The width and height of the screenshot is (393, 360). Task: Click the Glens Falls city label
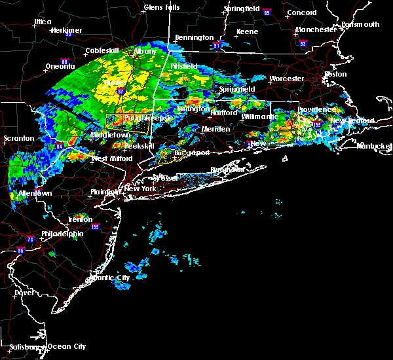pos(162,8)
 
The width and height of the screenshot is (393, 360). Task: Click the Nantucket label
pos(374,145)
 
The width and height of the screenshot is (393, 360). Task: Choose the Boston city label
pos(335,74)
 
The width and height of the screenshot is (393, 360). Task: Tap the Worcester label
pos(286,79)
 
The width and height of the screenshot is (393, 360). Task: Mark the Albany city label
pos(145,51)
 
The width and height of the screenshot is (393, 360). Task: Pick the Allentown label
pos(35,194)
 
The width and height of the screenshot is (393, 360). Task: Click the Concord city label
pos(302,12)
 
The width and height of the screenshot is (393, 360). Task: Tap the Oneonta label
pos(60,66)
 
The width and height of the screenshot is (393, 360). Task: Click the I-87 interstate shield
pos(122,92)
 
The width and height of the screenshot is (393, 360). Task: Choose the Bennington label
pos(195,37)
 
